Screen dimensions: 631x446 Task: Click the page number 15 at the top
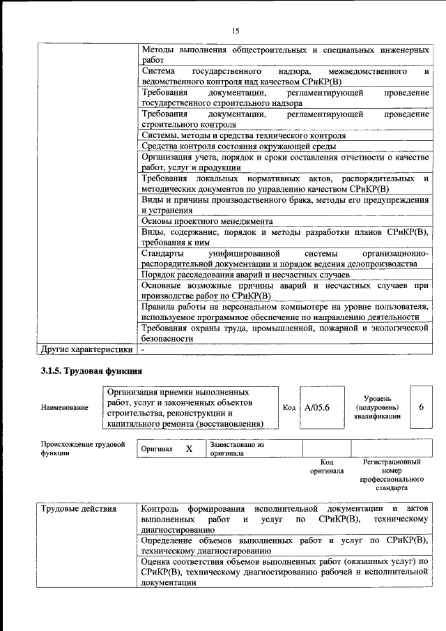point(236,30)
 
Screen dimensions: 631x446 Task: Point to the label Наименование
point(65,407)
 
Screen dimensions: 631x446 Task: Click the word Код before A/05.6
point(290,407)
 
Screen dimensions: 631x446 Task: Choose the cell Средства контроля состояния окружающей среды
point(239,146)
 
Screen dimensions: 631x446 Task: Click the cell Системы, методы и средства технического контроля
point(243,135)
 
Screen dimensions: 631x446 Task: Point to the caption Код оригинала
point(326,466)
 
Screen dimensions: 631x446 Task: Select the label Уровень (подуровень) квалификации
point(376,406)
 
